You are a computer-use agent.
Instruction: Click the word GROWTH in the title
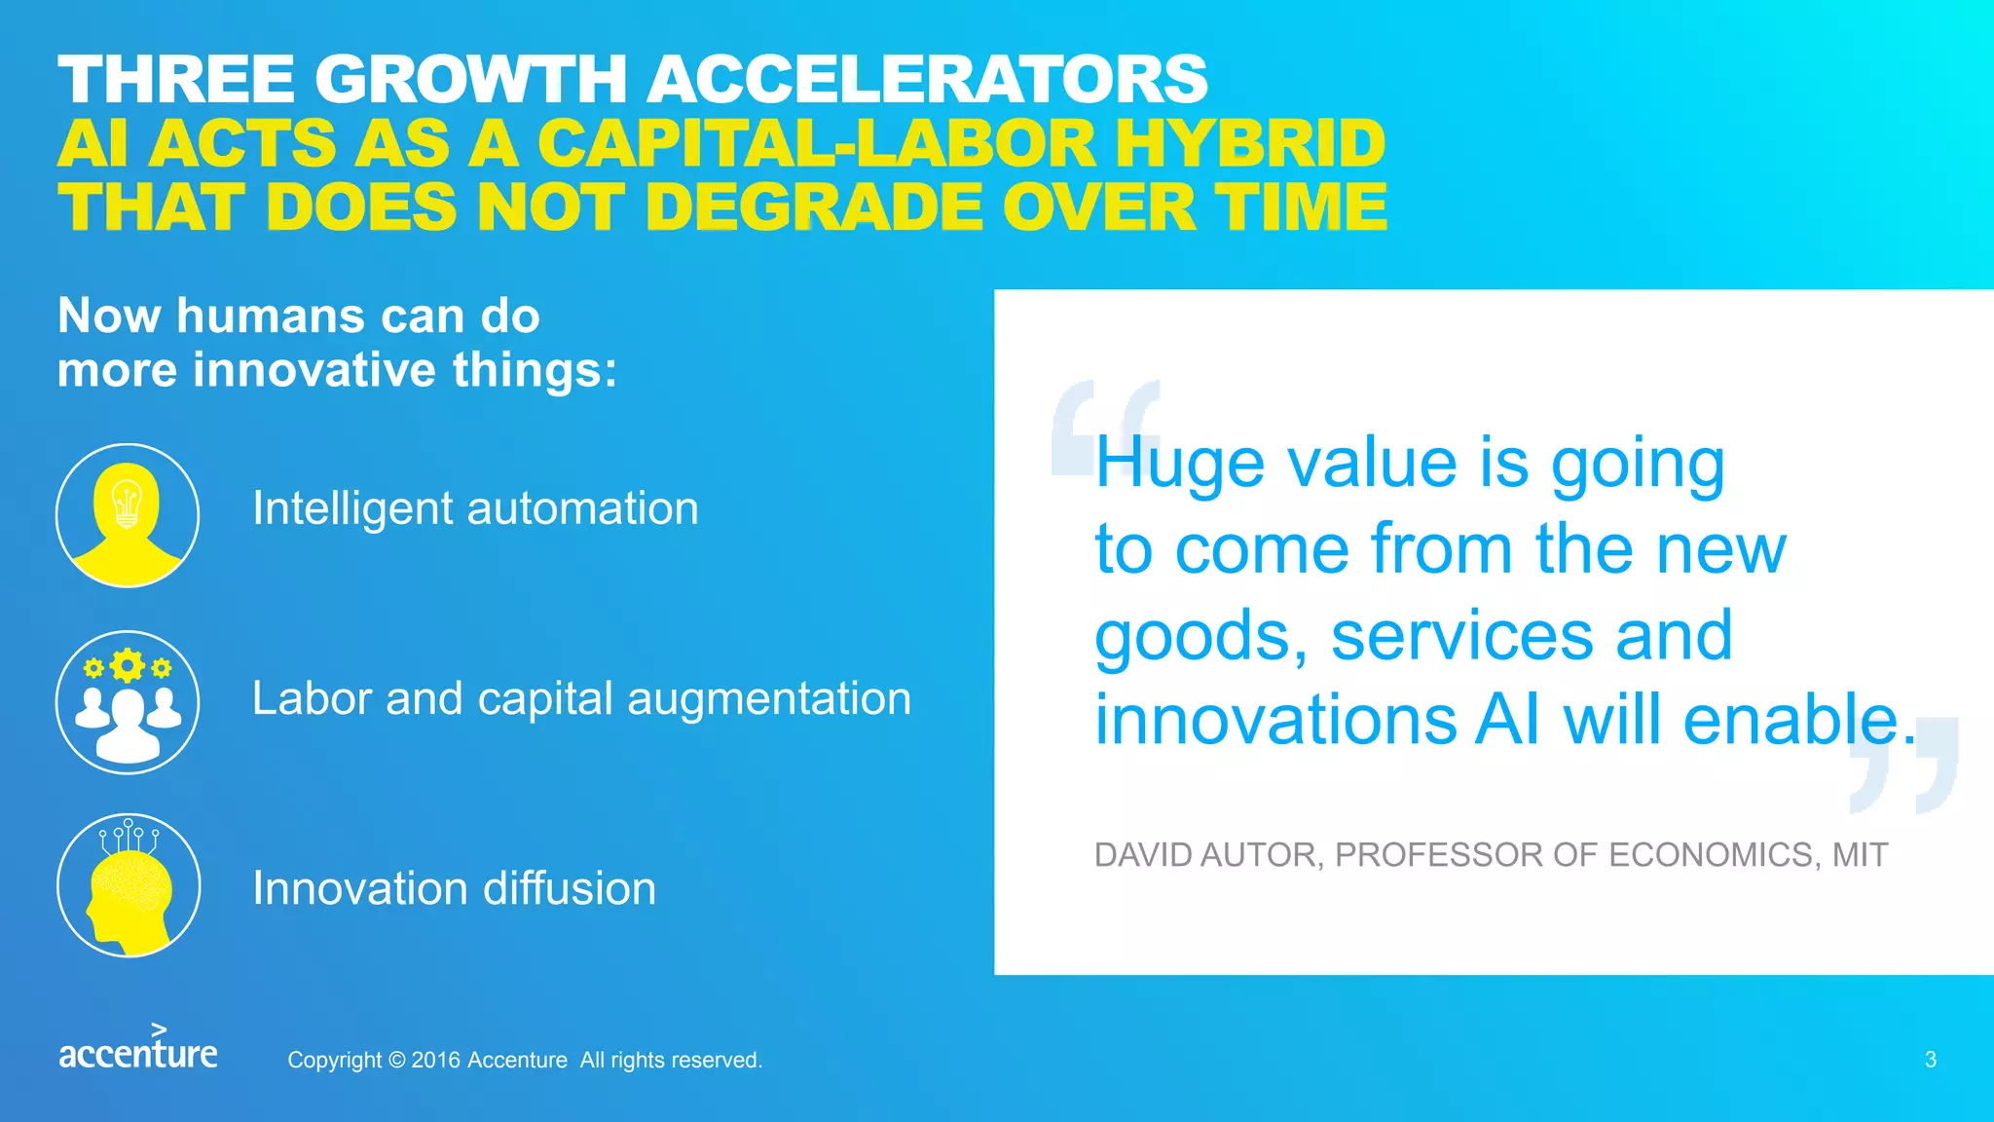(471, 79)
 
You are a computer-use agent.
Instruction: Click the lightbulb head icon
(128, 515)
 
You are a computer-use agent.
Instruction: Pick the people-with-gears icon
(128, 702)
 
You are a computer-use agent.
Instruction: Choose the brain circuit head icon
(129, 885)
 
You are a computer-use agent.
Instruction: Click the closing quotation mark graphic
(1903, 766)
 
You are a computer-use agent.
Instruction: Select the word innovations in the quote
(1275, 720)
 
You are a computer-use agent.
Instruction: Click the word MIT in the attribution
(1860, 855)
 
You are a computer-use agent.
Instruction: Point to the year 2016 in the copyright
(435, 1060)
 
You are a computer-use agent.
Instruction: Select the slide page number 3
(1931, 1060)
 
